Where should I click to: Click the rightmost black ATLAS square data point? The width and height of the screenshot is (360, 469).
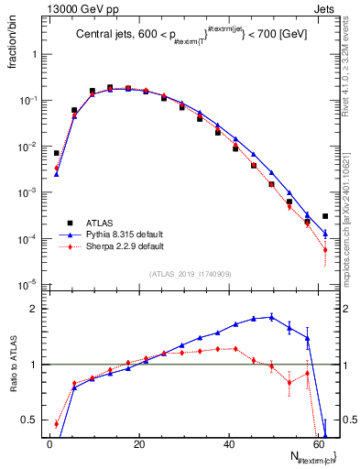click(325, 216)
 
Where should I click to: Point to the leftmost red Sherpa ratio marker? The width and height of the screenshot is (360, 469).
click(57, 424)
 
